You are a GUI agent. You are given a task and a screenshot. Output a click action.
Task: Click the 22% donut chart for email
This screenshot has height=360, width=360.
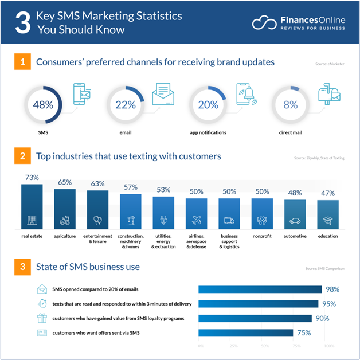pyautogui.click(x=125, y=105)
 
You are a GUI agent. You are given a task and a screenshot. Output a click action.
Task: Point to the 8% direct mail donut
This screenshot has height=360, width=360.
pyautogui.click(x=290, y=105)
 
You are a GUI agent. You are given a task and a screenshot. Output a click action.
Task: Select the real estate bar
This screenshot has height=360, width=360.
pyautogui.click(x=32, y=206)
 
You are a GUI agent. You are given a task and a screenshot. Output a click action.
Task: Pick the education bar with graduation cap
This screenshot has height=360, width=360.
pyautogui.click(x=328, y=215)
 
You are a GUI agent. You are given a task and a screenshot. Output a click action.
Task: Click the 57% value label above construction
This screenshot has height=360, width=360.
pyautogui.click(x=130, y=187)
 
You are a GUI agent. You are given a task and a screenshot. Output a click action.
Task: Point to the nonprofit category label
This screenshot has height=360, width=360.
pyautogui.click(x=262, y=236)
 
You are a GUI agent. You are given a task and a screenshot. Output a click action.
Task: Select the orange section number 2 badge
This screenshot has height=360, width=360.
pyautogui.click(x=21, y=156)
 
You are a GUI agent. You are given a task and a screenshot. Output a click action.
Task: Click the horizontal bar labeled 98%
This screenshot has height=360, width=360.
pyautogui.click(x=260, y=289)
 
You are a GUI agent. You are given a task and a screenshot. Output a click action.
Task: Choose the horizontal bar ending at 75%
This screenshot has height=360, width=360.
pyautogui.click(x=245, y=333)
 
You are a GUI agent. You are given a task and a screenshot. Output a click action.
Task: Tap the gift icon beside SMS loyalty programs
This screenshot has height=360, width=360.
pyautogui.click(x=42, y=318)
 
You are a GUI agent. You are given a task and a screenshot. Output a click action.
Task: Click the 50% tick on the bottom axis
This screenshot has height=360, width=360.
pyautogui.click(x=265, y=346)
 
